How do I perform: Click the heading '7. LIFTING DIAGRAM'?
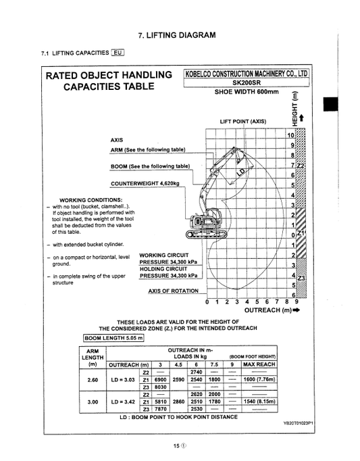tap(176, 34)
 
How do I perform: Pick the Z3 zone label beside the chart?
tap(301, 276)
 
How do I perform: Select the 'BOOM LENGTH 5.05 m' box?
tap(113, 338)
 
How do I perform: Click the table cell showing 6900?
tap(161, 380)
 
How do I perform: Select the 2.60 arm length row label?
tap(93, 380)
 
